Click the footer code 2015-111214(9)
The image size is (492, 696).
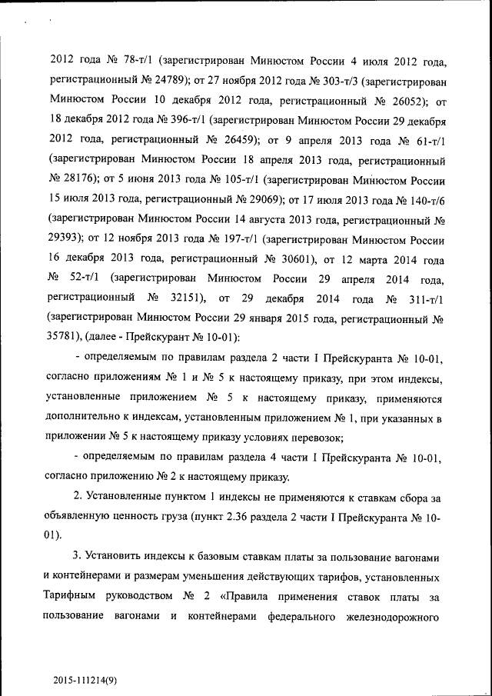pos(85,681)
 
